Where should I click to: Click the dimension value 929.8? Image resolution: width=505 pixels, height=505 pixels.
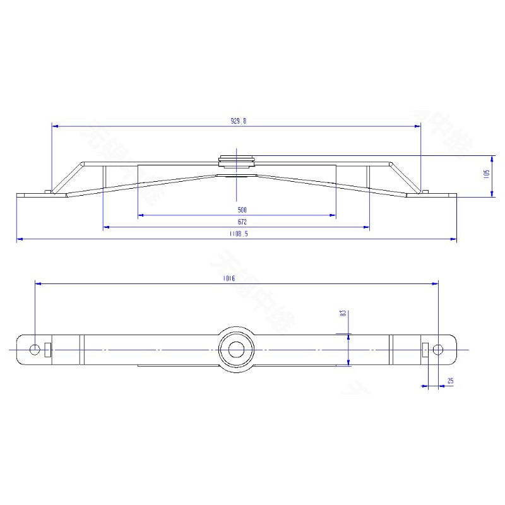(x=237, y=121)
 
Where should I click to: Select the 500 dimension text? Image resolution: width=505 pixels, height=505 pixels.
(x=242, y=210)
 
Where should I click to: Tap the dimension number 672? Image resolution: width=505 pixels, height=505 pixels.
(x=242, y=222)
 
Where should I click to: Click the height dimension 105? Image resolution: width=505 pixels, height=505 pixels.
(x=487, y=174)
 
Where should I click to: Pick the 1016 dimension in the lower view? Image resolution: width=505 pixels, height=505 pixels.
(x=229, y=279)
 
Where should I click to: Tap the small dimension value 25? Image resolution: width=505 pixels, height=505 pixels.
(x=450, y=381)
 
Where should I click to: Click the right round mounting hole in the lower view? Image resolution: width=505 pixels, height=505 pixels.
(x=437, y=349)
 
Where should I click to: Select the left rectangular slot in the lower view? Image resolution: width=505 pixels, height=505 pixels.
(x=47, y=349)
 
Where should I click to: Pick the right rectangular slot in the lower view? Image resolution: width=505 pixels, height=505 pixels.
(x=425, y=349)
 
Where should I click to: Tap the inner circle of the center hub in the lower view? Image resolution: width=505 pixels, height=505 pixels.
(x=237, y=349)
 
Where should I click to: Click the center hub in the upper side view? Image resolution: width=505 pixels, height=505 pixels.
(x=237, y=163)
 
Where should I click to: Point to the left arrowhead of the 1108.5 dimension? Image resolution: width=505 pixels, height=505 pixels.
(x=20, y=239)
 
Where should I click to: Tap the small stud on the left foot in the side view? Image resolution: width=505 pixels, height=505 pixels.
(x=49, y=191)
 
